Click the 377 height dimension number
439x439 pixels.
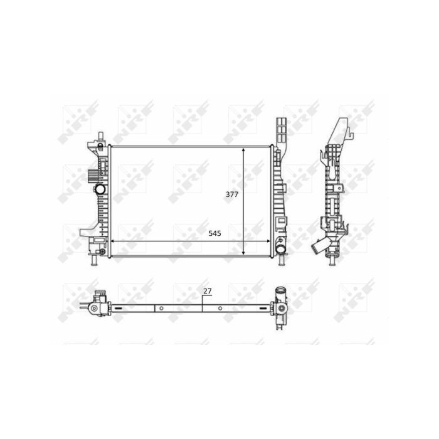(232, 194)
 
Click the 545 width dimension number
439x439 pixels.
(214, 233)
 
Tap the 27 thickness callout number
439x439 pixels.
(208, 291)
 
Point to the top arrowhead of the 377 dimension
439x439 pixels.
(243, 151)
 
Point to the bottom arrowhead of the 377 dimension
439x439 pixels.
(243, 252)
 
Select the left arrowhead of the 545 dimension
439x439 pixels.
(114, 241)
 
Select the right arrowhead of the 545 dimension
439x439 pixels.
(268, 241)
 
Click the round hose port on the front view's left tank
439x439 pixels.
(99, 189)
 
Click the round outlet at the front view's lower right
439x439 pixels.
(280, 248)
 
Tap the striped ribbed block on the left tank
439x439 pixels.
(92, 176)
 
